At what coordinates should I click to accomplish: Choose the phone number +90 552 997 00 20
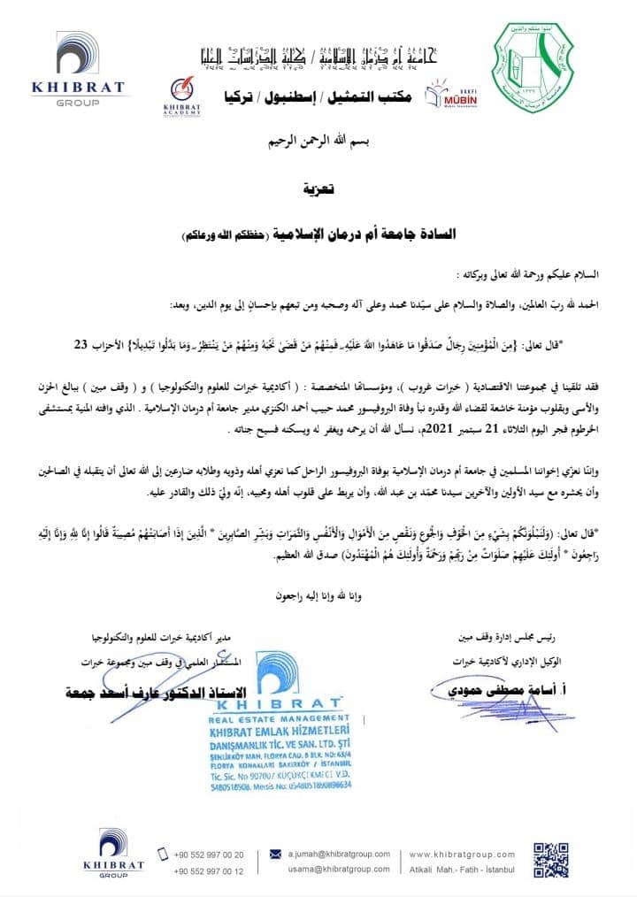click(209, 854)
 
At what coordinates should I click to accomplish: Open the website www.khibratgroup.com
click(464, 854)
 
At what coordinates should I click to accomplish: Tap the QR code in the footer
click(550, 861)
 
